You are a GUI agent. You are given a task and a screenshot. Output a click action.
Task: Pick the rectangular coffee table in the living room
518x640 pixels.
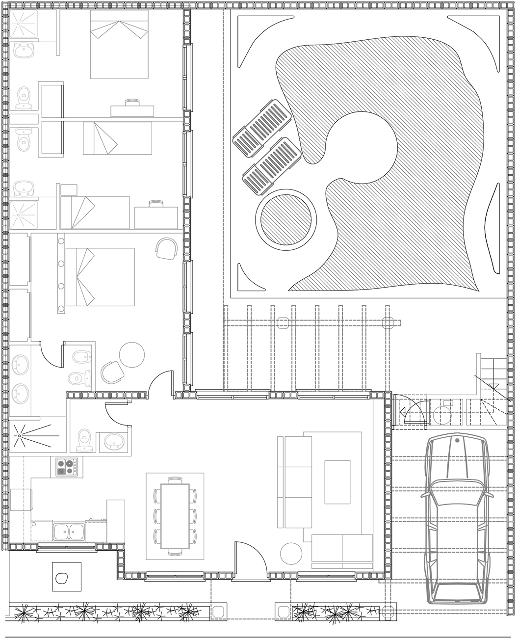pyautogui.click(x=337, y=482)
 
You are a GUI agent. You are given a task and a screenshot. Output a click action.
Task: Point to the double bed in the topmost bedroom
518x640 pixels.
pyautogui.click(x=119, y=45)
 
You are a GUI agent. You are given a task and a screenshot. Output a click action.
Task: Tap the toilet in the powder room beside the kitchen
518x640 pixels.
pyautogui.click(x=84, y=439)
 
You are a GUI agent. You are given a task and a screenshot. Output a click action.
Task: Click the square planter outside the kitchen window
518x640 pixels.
pyautogui.click(x=67, y=577)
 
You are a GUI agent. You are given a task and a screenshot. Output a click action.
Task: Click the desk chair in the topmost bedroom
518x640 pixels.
pyautogui.click(x=132, y=102)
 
